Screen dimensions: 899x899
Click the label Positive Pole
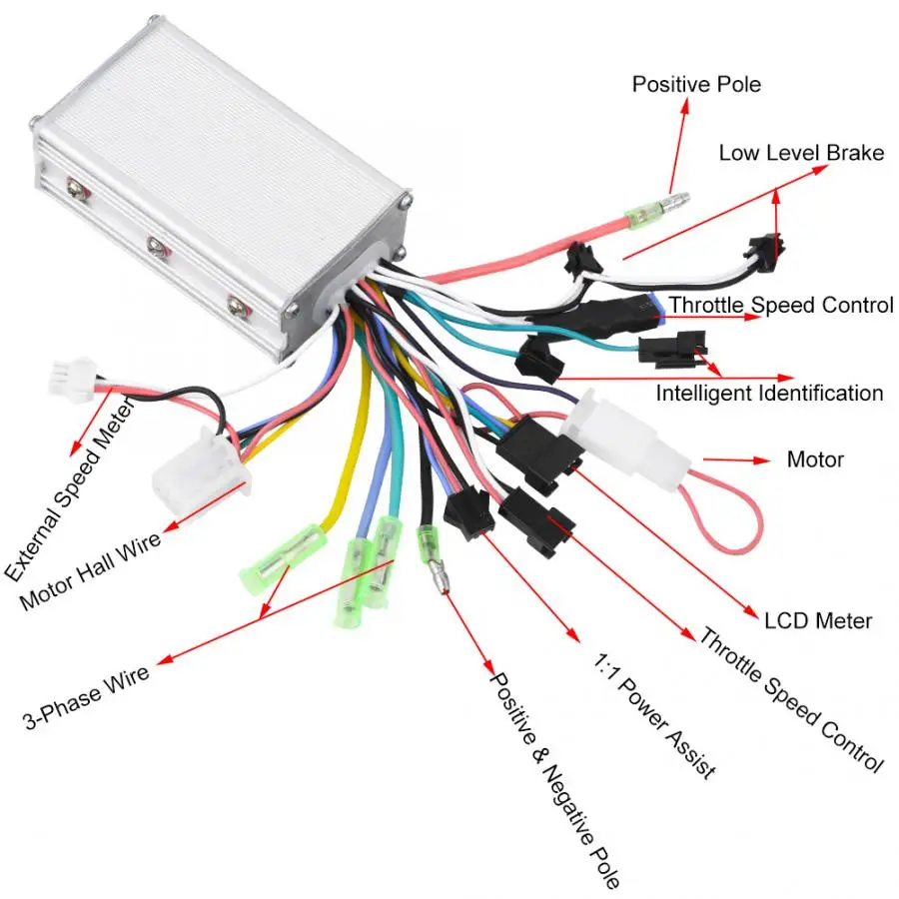[695, 84]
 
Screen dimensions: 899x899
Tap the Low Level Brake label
[801, 153]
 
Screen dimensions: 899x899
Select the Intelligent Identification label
[769, 394]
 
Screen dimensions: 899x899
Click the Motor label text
[815, 460]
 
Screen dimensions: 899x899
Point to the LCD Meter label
[818, 620]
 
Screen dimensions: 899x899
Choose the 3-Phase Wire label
[86, 697]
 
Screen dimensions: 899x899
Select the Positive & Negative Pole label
[554, 778]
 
